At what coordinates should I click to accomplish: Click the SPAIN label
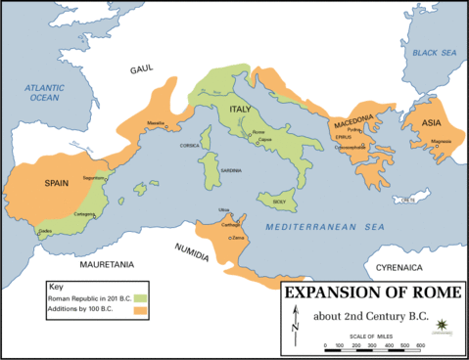(x=55, y=183)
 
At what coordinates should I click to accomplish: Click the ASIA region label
(x=432, y=122)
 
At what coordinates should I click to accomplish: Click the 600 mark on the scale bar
(x=420, y=346)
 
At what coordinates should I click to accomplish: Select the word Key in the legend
(x=55, y=287)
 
